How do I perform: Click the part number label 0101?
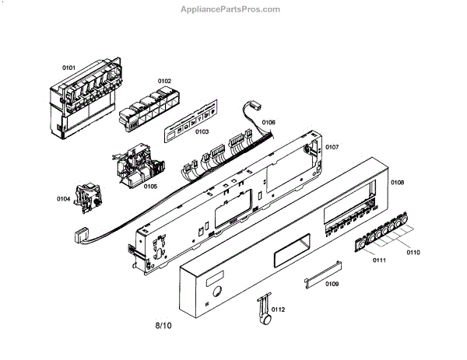[69, 68]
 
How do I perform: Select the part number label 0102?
[164, 81]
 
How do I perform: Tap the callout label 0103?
[202, 132]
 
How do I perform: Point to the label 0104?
[64, 200]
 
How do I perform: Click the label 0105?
[150, 187]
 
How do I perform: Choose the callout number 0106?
[269, 123]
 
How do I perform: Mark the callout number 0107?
[332, 147]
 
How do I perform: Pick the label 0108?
[397, 183]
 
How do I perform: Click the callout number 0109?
[332, 284]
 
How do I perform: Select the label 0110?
[413, 253]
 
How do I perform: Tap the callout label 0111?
[379, 260]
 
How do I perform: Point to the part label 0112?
[279, 309]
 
